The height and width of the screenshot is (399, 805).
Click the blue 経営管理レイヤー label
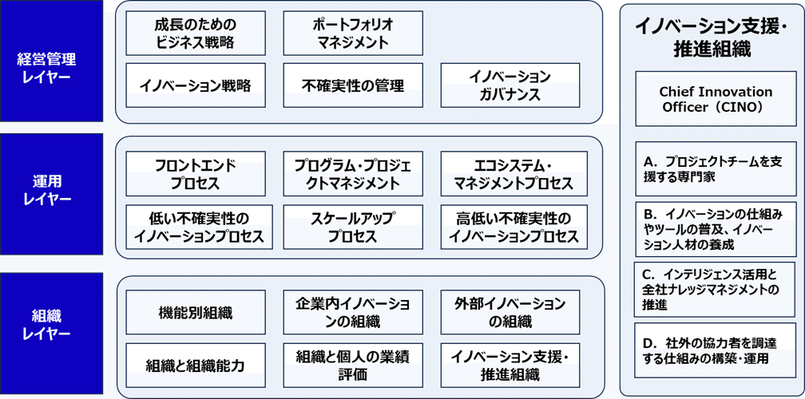51,61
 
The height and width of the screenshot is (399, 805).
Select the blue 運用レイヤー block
51,194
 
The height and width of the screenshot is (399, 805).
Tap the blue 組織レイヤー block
51,333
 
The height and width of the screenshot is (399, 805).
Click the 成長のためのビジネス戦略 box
196,33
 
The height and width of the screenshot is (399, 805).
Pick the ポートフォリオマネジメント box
353,33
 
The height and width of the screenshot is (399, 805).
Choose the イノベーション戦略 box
196,85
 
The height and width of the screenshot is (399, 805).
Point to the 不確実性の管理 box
353,85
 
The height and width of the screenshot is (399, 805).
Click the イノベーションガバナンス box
510,85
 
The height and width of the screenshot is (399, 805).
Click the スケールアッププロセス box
353,227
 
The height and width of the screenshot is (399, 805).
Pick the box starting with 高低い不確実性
514,227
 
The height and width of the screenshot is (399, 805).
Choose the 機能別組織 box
196,313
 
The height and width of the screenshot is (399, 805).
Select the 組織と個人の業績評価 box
353,365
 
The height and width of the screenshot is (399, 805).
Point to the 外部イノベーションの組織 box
510,313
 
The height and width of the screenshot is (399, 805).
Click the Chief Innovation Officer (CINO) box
716,99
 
